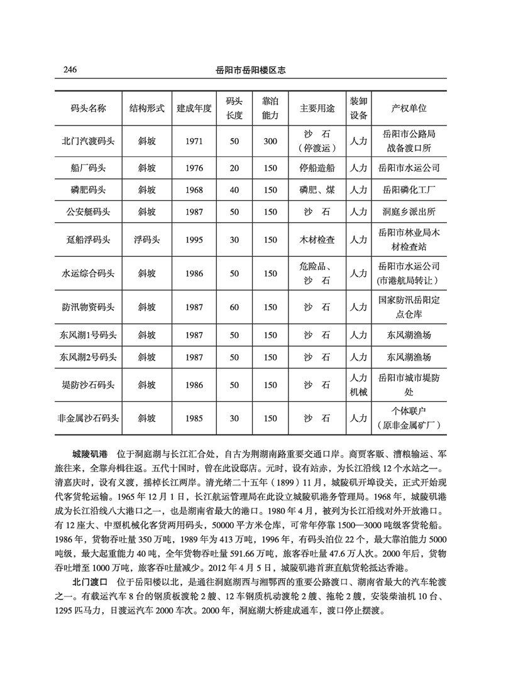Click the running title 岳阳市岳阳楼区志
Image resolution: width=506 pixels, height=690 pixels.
pos(251,70)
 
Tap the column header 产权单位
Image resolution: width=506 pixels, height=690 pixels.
pos(409,107)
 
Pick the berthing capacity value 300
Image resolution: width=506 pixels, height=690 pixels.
pos(270,141)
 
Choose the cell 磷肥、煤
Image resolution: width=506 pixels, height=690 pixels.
pos(317,188)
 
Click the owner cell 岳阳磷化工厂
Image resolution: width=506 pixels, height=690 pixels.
pos(409,188)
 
